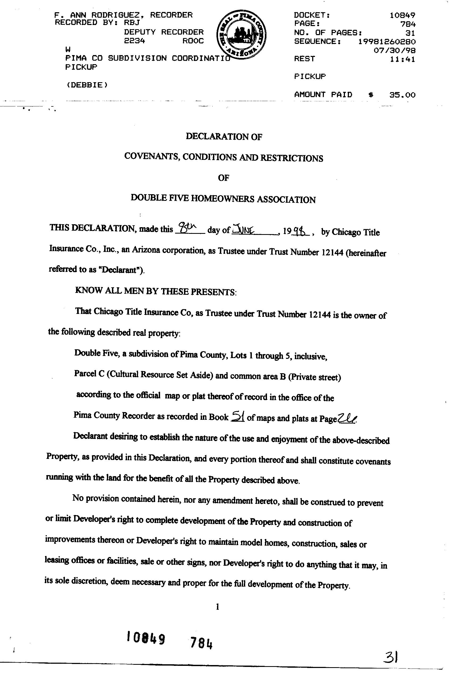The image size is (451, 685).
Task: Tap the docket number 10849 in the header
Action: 402,15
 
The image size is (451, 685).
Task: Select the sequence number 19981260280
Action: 387,42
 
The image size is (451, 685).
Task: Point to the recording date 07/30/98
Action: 394,51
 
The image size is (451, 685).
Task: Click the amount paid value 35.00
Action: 402,95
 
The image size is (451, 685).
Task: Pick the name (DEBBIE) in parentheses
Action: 87,85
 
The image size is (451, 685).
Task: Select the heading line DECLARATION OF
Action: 224,136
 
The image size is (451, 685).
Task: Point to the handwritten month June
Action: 244,229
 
